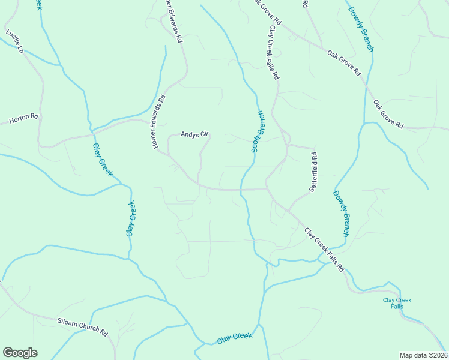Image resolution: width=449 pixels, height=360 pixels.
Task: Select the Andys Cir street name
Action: (x=194, y=134)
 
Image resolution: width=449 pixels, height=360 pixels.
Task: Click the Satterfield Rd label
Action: (x=313, y=172)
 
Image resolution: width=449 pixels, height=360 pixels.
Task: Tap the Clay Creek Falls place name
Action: (x=393, y=303)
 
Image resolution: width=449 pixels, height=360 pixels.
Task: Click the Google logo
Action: (x=20, y=353)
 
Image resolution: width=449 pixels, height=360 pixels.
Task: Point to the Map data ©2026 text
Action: (x=423, y=355)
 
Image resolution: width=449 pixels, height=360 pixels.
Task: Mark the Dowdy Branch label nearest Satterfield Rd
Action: (x=342, y=213)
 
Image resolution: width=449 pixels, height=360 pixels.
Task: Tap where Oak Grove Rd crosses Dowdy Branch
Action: (x=365, y=82)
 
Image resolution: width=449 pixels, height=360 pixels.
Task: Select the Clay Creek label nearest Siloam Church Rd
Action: (x=235, y=338)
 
